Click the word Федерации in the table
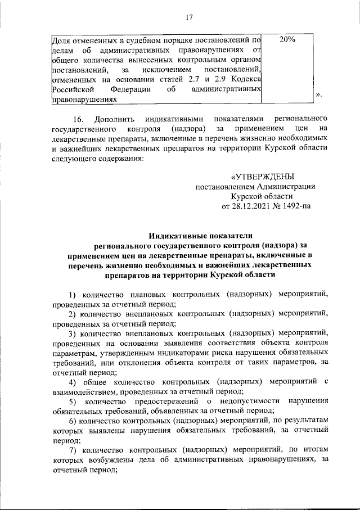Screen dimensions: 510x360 [x=130, y=89]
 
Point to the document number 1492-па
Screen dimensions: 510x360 [x=295, y=206]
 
